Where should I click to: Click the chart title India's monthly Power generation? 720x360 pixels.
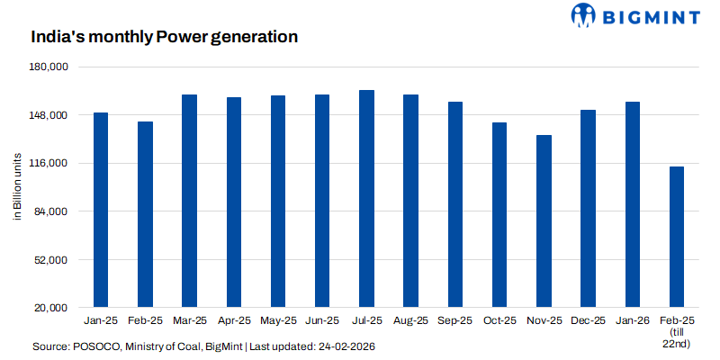click(164, 38)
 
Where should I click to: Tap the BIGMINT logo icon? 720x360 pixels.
click(584, 15)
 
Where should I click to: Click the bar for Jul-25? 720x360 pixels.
click(367, 199)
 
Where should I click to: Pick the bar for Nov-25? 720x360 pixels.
click(544, 221)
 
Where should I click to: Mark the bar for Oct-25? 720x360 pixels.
click(499, 215)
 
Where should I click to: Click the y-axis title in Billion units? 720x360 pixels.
click(16, 187)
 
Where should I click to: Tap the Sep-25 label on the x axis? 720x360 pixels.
click(455, 321)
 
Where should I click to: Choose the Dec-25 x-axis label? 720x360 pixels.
click(589, 321)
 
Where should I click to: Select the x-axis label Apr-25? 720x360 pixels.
click(234, 321)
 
